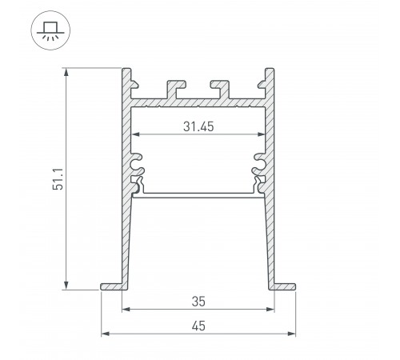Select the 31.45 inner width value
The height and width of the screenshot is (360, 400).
pos(198,125)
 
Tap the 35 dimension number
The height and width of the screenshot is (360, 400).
pos(197,302)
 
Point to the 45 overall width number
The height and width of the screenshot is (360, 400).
pos(197,325)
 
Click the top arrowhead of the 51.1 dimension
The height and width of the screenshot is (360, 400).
pos(66,73)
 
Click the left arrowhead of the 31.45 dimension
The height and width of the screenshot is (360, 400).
pos(135,133)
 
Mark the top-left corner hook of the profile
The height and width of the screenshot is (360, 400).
pos(128,77)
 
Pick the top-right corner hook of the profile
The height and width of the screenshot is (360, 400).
pos(266,77)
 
